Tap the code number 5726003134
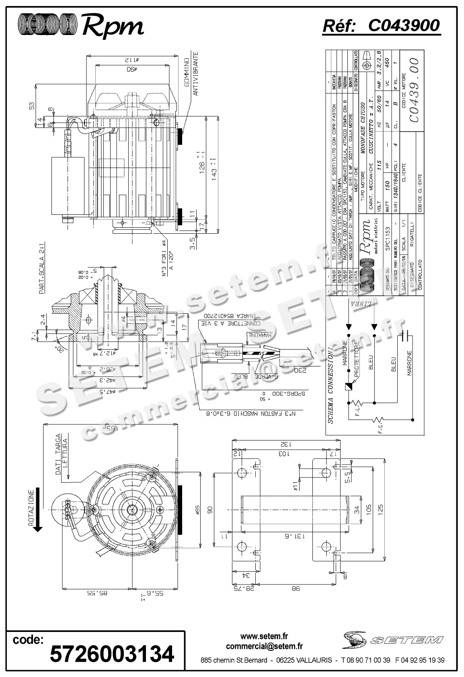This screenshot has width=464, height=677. click(112, 653)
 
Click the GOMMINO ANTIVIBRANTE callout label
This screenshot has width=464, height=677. click(191, 77)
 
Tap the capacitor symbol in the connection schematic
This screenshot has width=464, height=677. click(407, 335)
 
